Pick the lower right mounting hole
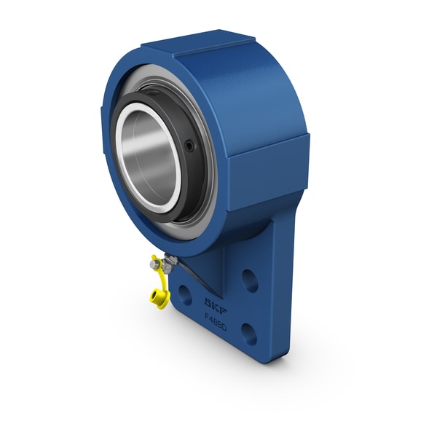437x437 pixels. (x=248, y=334)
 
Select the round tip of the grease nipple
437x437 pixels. (x=154, y=265)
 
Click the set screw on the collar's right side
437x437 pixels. (x=190, y=146)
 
